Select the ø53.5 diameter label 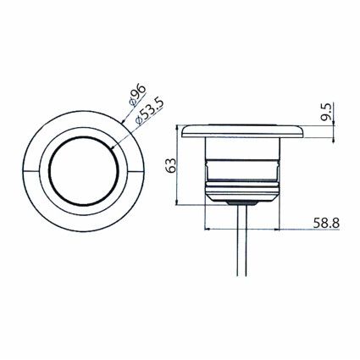(149, 112)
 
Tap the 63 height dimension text (171, 165)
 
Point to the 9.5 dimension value (325, 112)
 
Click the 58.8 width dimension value (326, 223)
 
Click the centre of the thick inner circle (84, 171)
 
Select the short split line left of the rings (31, 171)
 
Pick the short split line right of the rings (136, 171)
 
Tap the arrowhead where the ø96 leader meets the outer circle (123, 122)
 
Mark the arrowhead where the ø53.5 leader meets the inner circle (113, 147)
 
